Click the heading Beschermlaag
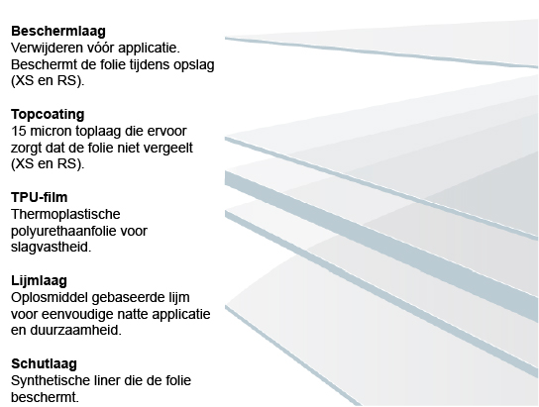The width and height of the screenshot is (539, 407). tap(58, 31)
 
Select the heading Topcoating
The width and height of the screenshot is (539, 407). tap(48, 115)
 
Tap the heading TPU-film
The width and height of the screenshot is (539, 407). tap(40, 197)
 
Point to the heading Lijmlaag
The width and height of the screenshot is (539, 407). tap(39, 281)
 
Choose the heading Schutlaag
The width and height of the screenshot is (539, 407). tap(44, 364)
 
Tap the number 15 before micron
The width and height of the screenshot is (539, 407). tap(17, 131)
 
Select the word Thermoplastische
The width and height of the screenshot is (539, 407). tap(65, 214)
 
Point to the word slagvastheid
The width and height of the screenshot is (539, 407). tap(51, 247)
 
